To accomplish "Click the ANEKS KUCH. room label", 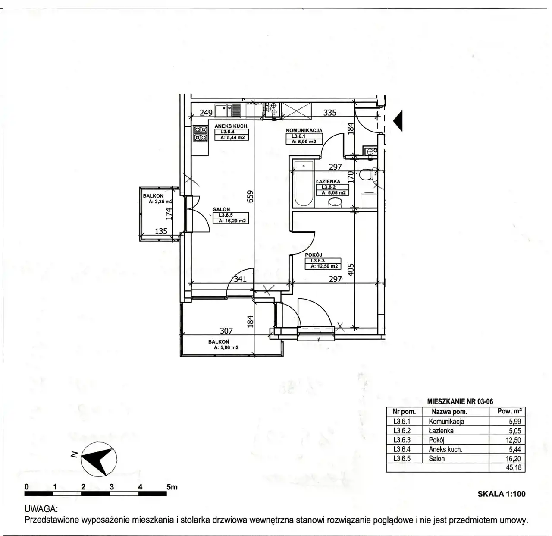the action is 232,126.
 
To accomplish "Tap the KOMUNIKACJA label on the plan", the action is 304,130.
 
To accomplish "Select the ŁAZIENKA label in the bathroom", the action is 328,181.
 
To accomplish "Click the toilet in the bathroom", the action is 367,175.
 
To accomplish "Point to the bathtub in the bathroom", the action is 304,183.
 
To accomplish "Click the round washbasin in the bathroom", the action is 335,202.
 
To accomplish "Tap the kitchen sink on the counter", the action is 228,110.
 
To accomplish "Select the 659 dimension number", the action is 250,196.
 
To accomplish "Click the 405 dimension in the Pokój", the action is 351,269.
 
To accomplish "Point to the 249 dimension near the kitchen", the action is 206,113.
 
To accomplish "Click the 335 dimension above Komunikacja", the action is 329,113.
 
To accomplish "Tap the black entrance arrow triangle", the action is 398,121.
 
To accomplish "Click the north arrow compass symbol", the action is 98,459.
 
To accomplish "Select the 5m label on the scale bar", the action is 172,487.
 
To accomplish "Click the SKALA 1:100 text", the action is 502,494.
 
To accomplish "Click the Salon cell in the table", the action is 437,458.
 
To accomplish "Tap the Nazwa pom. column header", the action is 449,412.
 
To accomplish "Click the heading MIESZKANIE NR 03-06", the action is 460,401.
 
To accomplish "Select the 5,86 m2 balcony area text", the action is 226,347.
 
